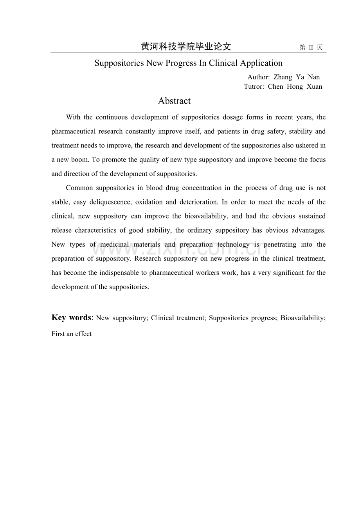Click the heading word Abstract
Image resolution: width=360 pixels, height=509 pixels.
coord(174,101)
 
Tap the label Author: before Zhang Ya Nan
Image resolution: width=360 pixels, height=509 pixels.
coord(259,77)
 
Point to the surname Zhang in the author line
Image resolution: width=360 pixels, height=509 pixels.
coord(283,77)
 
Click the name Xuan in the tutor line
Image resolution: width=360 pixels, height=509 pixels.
coord(314,86)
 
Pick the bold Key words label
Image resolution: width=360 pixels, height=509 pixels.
coord(71,317)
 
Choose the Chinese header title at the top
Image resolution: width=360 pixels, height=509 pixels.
coord(186,47)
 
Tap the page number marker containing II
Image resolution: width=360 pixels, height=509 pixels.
coord(311,47)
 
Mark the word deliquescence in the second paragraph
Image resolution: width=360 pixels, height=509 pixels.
coord(106,202)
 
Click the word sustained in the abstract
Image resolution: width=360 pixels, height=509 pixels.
coord(312,216)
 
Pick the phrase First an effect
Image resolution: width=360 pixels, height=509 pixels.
coord(72,334)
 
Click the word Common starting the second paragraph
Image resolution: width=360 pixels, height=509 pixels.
coord(79,188)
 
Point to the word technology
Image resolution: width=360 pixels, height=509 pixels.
coord(233,244)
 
